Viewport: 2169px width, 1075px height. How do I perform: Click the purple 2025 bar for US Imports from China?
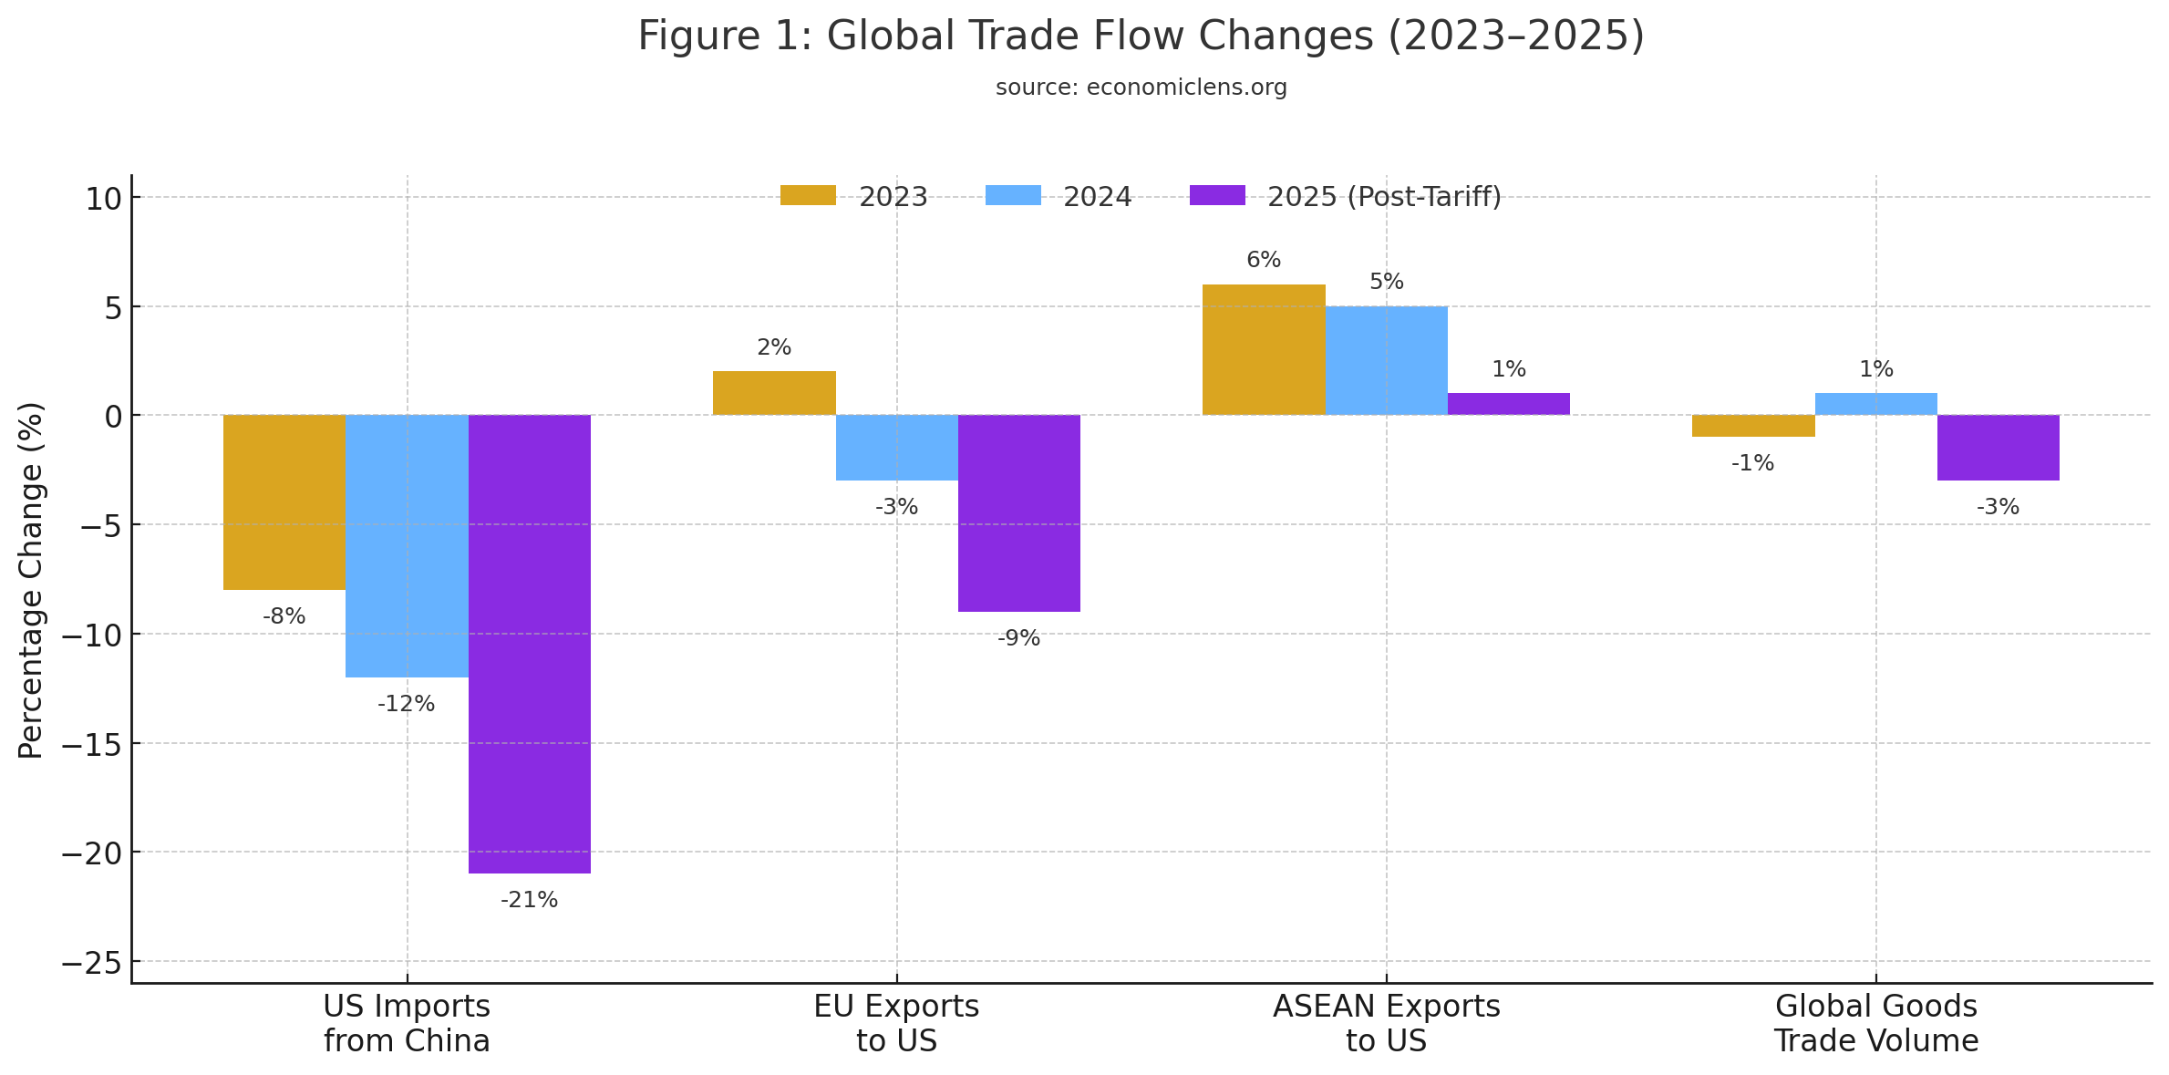(529, 644)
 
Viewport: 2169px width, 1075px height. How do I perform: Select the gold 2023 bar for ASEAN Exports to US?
(1263, 349)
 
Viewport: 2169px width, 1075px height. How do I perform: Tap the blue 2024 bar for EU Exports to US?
(896, 448)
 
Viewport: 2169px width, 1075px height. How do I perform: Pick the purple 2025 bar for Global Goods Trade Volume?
(1998, 448)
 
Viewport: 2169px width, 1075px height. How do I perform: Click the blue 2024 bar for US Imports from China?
(407, 545)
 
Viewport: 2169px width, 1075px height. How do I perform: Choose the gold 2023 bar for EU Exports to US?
(774, 393)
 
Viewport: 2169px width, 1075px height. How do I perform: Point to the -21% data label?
(529, 900)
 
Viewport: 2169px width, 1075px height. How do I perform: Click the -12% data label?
(406, 704)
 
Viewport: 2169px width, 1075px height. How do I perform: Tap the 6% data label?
(1264, 260)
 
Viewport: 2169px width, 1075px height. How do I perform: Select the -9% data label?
(1018, 638)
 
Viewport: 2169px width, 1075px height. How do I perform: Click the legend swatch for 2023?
(808, 196)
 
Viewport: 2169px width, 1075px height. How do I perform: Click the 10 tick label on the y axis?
(103, 198)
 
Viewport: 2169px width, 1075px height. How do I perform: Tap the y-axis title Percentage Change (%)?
(31, 580)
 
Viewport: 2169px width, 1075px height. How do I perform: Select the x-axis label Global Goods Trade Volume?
(1875, 1023)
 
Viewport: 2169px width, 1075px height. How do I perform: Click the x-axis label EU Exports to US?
(896, 1023)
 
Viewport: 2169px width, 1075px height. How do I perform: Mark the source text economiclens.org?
(1141, 88)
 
